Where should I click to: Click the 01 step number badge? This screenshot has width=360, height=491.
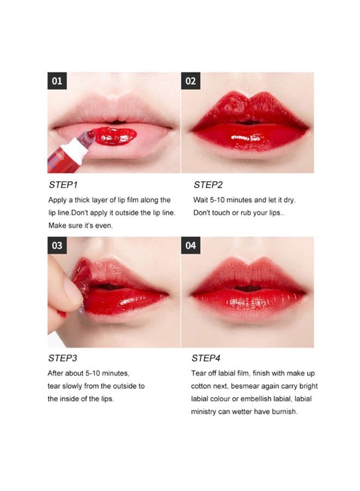pos(57,81)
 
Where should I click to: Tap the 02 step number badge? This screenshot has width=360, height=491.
pos(190,81)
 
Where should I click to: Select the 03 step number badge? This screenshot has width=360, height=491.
pos(57,245)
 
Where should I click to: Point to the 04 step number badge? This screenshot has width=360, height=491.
pos(190,245)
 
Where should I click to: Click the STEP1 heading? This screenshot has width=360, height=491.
pos(62,185)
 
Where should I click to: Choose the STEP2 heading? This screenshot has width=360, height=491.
pos(207,185)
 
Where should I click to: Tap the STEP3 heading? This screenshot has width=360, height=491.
pos(62,358)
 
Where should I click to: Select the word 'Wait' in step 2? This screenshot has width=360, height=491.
pos(201,200)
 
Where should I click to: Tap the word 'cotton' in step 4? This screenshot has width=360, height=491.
pos(202,386)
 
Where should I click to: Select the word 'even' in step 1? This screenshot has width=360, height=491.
pos(105,226)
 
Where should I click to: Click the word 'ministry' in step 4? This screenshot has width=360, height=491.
pos(205,411)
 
